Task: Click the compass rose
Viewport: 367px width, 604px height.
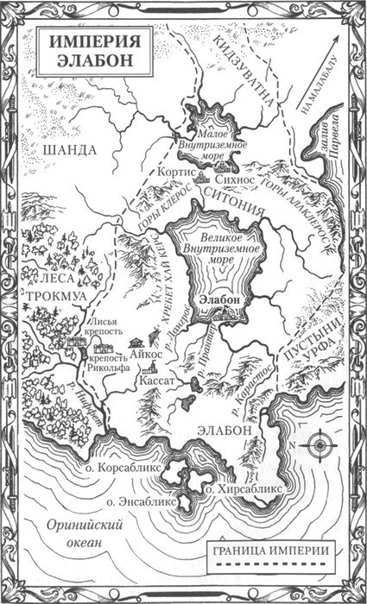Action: click(320, 446)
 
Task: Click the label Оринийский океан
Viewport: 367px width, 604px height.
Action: click(73, 533)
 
